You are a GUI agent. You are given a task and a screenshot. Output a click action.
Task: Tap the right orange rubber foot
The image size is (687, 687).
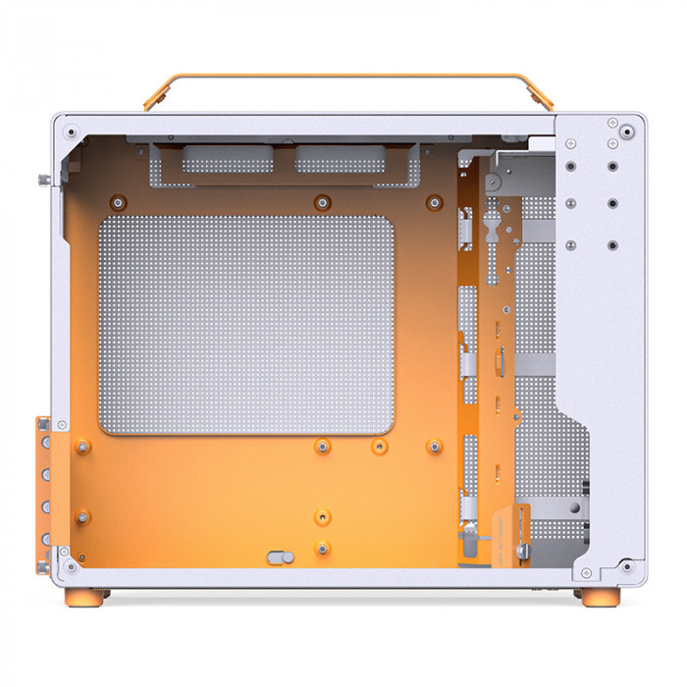point(600,597)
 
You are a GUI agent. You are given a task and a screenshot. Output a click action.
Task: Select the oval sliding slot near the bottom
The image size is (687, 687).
point(280,556)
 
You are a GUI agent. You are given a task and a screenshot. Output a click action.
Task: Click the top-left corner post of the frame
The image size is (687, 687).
point(69,129)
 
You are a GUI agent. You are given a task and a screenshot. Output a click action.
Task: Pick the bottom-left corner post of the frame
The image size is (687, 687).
point(66,566)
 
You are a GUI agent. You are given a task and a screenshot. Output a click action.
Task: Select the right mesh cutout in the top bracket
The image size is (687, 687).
point(340,159)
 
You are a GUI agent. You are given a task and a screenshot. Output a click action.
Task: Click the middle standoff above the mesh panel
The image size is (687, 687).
point(320,203)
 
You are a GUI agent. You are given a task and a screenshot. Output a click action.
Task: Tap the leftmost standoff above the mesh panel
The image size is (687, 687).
point(118,203)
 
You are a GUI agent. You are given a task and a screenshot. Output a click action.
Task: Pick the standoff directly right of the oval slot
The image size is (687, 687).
point(321,548)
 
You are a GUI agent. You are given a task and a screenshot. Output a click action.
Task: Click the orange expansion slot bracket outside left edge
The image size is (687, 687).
point(44,491)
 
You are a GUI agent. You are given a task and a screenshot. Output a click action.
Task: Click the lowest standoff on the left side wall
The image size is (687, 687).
point(82,515)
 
